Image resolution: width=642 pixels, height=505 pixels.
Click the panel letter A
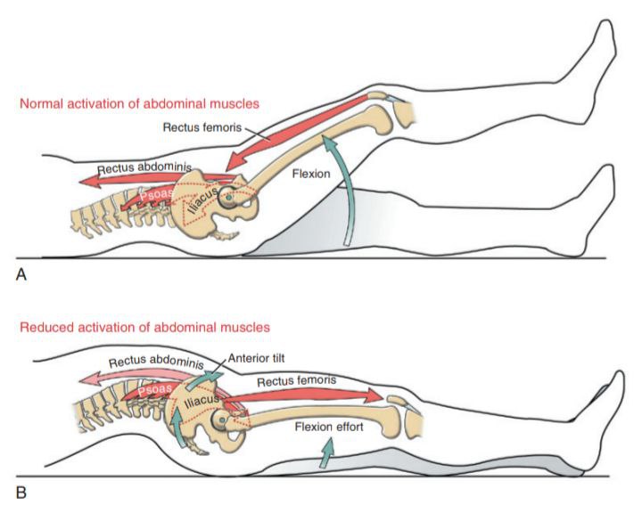coord(21,274)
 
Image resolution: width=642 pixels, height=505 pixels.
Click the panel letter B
coord(21,493)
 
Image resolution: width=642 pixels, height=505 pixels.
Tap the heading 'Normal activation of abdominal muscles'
coord(140,103)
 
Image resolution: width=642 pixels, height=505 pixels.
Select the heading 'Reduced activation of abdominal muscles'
coord(145,327)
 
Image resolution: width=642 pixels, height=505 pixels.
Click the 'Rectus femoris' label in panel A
coord(202,127)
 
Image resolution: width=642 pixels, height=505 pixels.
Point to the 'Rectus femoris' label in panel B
coord(296,381)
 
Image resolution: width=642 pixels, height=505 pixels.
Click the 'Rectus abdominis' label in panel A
coord(144,168)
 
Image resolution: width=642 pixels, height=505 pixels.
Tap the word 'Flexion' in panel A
coord(311,174)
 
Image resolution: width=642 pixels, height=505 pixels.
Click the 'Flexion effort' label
coord(329,427)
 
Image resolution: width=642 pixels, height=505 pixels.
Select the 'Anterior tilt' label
coord(256,358)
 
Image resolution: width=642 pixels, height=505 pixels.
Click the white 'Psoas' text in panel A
coord(155,195)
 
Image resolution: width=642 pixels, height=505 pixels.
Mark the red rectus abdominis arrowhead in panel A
coord(89,180)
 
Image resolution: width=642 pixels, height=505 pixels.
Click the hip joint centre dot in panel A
coord(228,198)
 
